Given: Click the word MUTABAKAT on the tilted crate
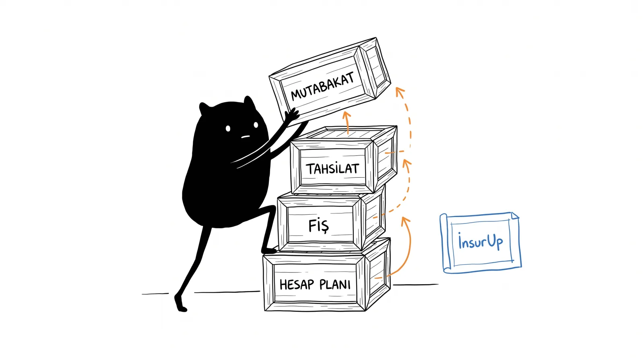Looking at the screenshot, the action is tap(322, 86).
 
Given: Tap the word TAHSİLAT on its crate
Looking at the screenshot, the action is tap(332, 169).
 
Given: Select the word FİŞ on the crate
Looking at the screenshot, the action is tap(318, 226).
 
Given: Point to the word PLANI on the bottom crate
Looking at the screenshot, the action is tap(335, 284).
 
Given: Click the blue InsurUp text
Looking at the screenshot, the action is tap(481, 242).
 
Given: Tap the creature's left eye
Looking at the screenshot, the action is tap(228, 128).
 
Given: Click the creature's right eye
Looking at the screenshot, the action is tap(256, 125).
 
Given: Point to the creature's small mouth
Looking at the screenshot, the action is tap(245, 137).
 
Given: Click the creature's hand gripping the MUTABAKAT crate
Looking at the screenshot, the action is tap(292, 115).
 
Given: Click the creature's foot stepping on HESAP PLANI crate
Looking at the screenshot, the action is tap(269, 250).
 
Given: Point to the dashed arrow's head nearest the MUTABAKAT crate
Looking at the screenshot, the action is tap(400, 91).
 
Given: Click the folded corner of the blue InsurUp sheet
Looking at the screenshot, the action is tap(515, 216).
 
